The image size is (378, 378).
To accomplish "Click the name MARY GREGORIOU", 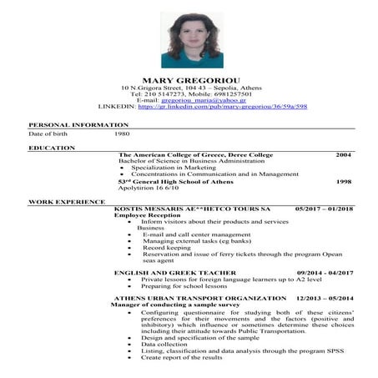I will point(191,80).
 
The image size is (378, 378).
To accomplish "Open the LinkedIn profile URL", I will point(222,107).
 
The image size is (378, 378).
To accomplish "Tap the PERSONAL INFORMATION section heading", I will point(68,124).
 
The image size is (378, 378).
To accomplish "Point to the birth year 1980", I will point(123,134).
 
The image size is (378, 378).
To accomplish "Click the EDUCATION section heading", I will point(52,148).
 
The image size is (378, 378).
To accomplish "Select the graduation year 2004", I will point(343,155).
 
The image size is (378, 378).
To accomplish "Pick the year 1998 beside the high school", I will point(343,181).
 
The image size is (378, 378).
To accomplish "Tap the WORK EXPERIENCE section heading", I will point(67,202).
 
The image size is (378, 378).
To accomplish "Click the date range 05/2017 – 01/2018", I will point(324,208).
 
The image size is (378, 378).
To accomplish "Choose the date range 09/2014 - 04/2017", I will point(325,273).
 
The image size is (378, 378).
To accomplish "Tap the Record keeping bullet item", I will point(167,248).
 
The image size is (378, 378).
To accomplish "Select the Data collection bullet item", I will point(164,345).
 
